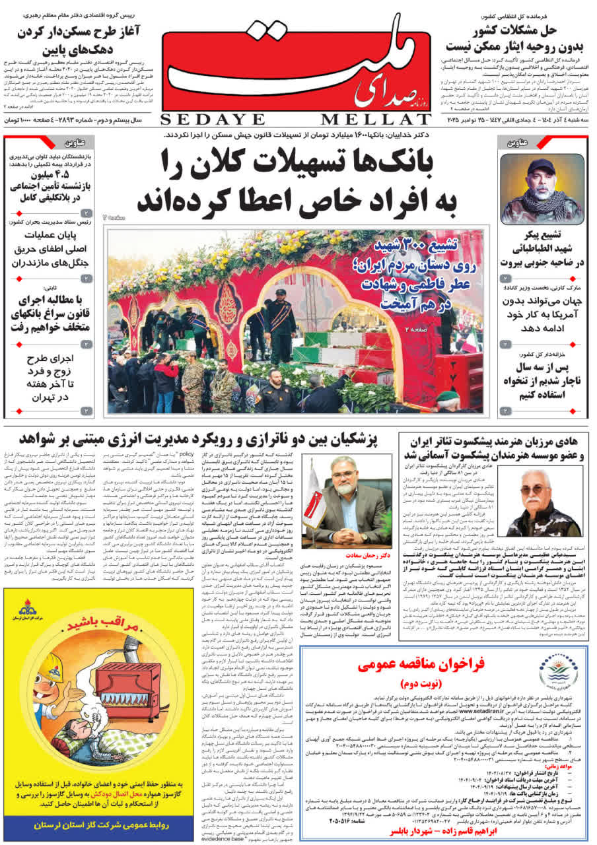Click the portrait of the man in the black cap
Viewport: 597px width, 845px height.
pos(542,189)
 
